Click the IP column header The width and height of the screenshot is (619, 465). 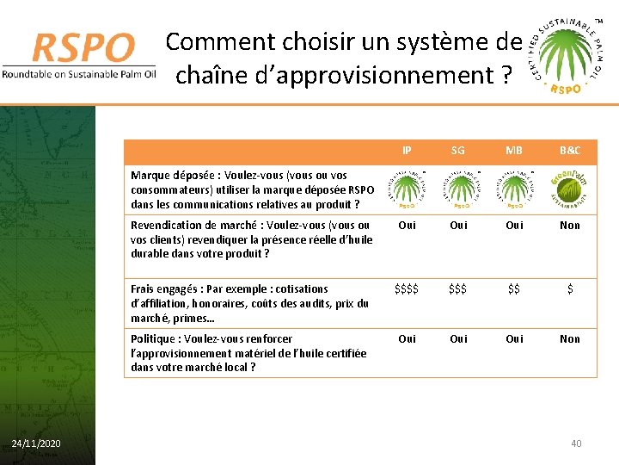(407, 151)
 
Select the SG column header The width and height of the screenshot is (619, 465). (458, 151)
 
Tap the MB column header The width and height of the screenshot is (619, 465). (514, 151)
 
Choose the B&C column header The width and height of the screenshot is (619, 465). (569, 151)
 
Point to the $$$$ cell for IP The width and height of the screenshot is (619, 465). (407, 290)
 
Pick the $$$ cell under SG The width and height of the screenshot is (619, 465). (458, 290)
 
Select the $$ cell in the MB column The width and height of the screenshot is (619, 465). (514, 290)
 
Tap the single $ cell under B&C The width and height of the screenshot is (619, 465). (569, 290)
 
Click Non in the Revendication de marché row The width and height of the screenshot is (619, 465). (569, 226)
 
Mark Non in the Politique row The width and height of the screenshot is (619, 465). (569, 339)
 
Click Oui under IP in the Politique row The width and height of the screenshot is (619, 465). (407, 339)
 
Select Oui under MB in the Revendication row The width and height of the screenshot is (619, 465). (514, 226)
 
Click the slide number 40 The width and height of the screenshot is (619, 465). (576, 443)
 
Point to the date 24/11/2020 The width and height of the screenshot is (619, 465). (36, 443)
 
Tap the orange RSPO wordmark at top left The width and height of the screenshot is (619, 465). (83, 48)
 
